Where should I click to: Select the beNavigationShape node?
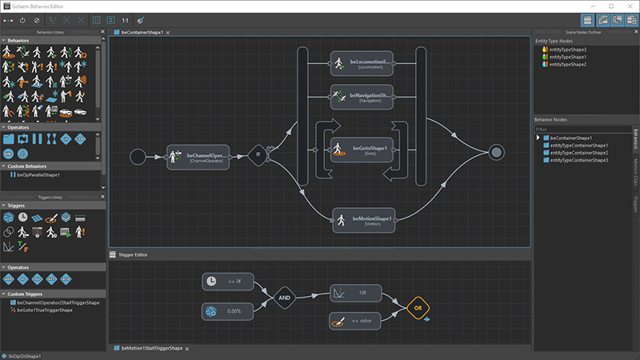point(361,97)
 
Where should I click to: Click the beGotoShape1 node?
point(361,150)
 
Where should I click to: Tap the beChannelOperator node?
point(198,157)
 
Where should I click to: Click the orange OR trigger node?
point(417,307)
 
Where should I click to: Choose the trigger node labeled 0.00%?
point(227,311)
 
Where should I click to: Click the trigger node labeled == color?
point(356,321)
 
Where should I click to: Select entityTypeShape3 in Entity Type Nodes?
point(568,50)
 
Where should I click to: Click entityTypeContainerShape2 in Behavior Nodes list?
point(579,153)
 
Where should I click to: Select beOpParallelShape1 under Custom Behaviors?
point(38,174)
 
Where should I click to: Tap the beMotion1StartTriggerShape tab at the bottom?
point(151,349)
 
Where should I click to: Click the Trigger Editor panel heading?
point(132,254)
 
